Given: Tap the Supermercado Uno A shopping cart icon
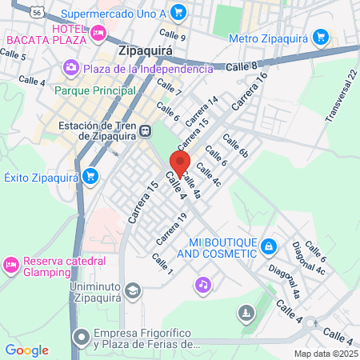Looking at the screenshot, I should click(x=178, y=12).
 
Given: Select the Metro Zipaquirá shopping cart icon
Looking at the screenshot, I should click(x=322, y=37).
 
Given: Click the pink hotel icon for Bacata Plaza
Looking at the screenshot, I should click(x=99, y=33).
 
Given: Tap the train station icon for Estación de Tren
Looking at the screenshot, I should click(x=145, y=131).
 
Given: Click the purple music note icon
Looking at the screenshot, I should click(x=203, y=284).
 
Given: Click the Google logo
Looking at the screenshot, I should click(x=27, y=350).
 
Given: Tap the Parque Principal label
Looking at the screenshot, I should click(x=92, y=90).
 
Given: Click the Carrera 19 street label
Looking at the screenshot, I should click(x=171, y=229).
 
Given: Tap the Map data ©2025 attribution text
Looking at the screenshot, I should click(x=326, y=354).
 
